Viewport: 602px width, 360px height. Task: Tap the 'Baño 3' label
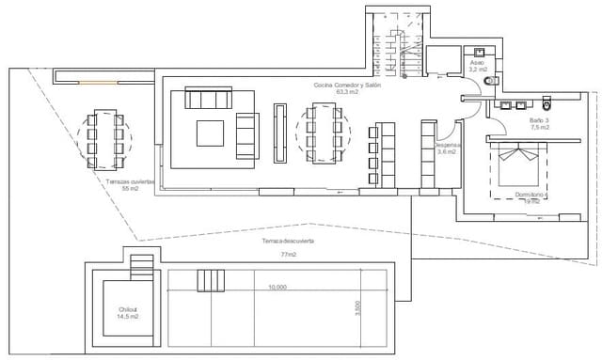pos(536,120)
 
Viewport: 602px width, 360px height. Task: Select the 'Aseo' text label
pos(478,63)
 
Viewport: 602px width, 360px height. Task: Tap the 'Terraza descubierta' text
pos(287,242)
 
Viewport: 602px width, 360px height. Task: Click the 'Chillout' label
pos(128,309)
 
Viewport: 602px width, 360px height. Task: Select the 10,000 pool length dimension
pos(277,287)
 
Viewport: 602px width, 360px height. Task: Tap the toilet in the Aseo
pos(487,83)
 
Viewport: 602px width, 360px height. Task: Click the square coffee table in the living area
pos(212,133)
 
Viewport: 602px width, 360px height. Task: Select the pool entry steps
pos(211,281)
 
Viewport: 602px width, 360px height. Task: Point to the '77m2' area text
pos(287,254)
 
